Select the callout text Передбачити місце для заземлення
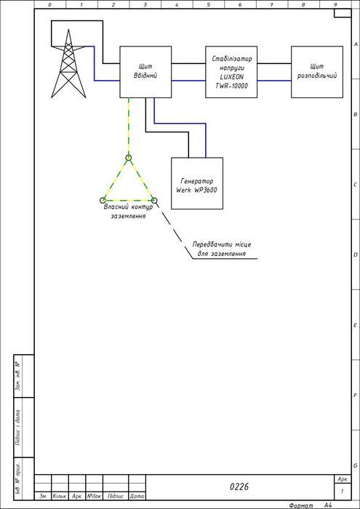222,249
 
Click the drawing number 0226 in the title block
239,487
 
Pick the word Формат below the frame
301,505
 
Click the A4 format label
328,505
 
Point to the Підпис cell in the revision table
116,497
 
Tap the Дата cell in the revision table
137,497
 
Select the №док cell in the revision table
94,497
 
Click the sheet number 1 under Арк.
342,492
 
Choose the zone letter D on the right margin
356,254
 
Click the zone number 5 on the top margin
208,4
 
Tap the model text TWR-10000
231,85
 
